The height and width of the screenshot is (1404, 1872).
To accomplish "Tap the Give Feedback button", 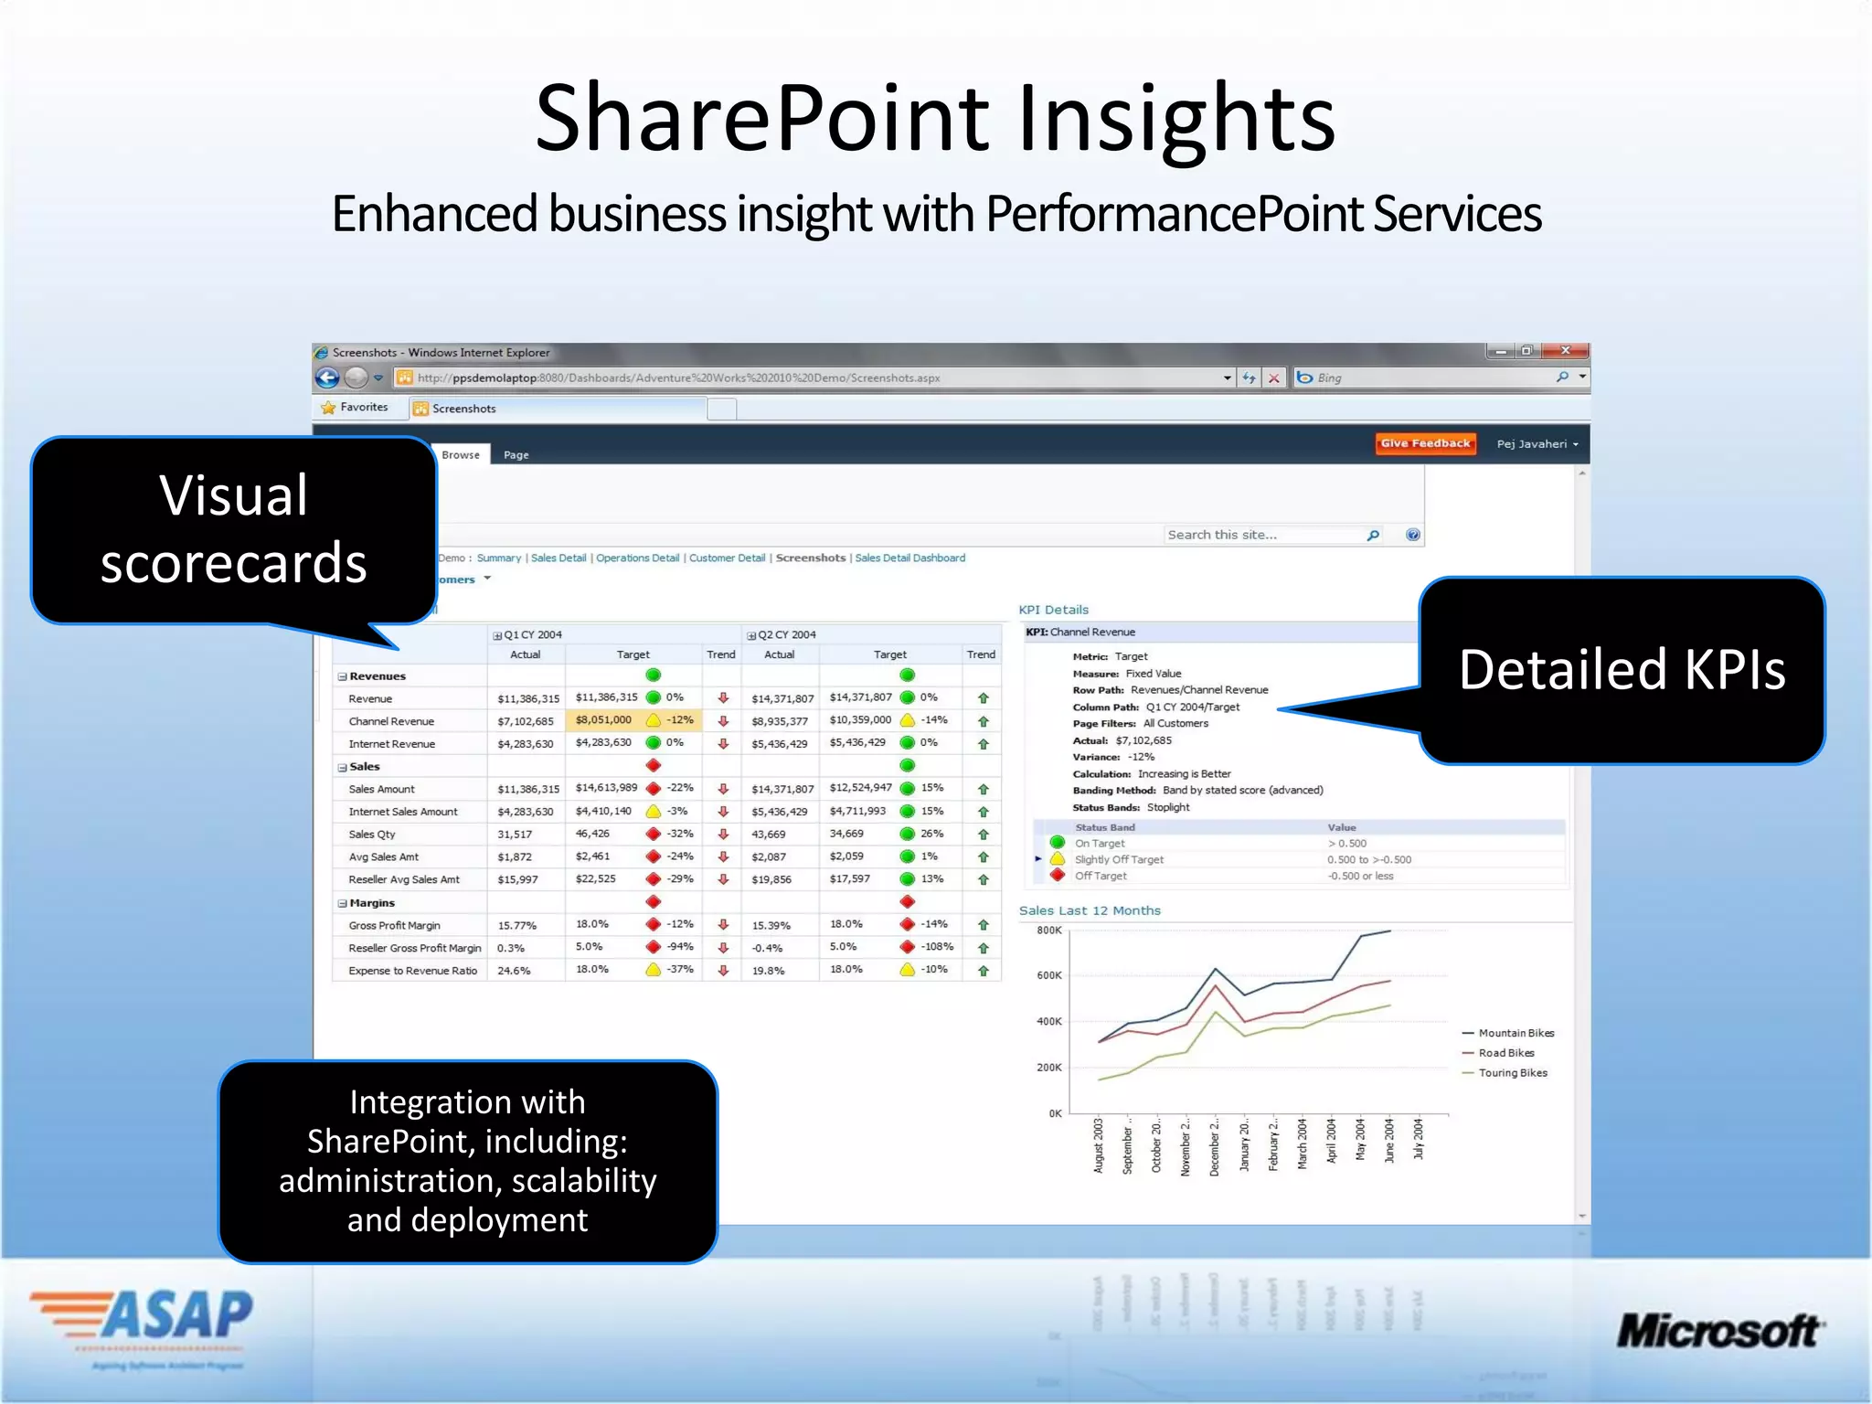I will (x=1425, y=443).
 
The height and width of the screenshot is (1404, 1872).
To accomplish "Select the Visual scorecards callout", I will (x=233, y=530).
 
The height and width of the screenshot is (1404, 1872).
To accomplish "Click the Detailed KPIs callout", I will (x=1622, y=670).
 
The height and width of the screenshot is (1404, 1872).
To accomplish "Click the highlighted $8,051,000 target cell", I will (x=603, y=720).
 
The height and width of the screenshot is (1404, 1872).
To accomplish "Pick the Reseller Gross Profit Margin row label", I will (x=414, y=948).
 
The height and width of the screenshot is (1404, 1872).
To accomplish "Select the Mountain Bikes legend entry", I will (x=1516, y=1033).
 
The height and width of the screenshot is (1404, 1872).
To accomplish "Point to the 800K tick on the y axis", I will (x=1048, y=931).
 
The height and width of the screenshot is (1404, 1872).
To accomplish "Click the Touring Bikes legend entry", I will (x=1512, y=1073).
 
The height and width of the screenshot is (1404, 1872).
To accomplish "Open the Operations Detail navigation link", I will (x=637, y=558).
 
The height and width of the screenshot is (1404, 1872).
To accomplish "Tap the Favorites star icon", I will (x=328, y=408).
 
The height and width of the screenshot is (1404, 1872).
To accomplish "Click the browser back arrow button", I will (x=327, y=378).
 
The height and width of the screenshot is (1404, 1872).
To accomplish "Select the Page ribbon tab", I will (x=516, y=454).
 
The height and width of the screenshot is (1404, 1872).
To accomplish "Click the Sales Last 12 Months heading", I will (x=1090, y=910).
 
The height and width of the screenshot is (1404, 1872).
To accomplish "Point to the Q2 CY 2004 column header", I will (x=786, y=634).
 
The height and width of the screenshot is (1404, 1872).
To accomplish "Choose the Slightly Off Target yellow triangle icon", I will (x=1058, y=859).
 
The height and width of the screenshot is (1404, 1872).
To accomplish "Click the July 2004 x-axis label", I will (x=1419, y=1139).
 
